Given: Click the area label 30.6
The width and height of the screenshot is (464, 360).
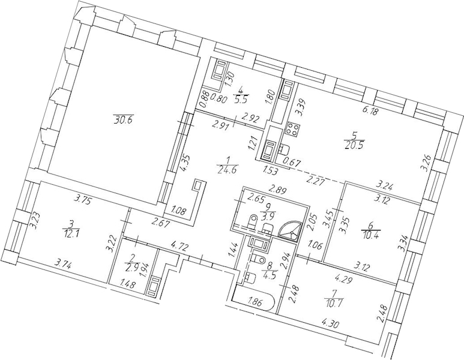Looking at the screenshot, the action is [x=122, y=120].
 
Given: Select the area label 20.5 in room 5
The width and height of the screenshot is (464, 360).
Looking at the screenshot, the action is [x=355, y=146].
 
